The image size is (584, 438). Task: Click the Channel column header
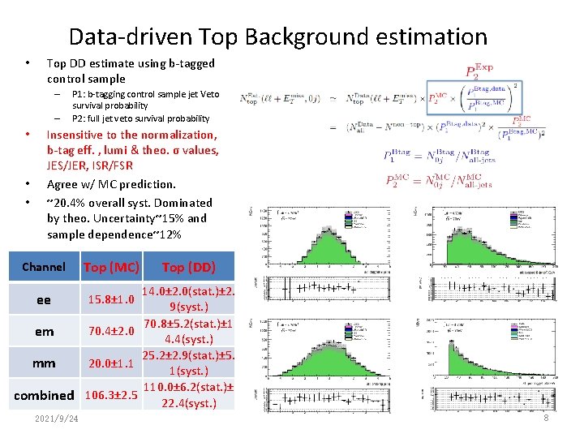[44, 267]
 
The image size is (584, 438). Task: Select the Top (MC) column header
[111, 267]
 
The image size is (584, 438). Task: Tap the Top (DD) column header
[188, 267]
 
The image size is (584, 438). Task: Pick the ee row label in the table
[44, 300]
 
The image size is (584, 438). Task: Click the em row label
[44, 332]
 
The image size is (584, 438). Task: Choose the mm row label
[44, 363]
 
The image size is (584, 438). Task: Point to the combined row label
[44, 396]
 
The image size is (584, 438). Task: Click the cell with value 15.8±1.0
[111, 300]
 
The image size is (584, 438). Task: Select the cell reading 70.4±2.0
[111, 332]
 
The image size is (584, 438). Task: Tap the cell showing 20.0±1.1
[111, 363]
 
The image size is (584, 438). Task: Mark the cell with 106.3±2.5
[111, 396]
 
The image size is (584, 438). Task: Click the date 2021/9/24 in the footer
[57, 419]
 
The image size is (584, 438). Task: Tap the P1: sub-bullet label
[81, 94]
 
